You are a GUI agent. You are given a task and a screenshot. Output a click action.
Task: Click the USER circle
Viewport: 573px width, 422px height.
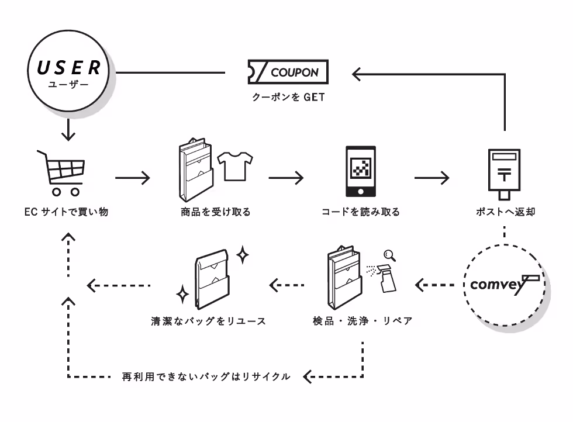pyautogui.click(x=70, y=73)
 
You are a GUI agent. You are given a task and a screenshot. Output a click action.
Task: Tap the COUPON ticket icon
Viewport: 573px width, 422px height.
pyautogui.click(x=288, y=72)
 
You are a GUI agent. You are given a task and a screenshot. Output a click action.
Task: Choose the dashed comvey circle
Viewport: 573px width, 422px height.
pyautogui.click(x=505, y=285)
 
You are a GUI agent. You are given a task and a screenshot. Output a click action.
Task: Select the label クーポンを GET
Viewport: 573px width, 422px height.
pyautogui.click(x=288, y=98)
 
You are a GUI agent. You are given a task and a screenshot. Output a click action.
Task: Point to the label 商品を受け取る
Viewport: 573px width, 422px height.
pyautogui.click(x=215, y=212)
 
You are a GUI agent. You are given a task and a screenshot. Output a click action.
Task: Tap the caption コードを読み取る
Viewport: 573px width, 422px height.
pyautogui.click(x=361, y=212)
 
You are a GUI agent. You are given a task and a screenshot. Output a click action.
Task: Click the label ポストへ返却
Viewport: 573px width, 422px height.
pyautogui.click(x=505, y=212)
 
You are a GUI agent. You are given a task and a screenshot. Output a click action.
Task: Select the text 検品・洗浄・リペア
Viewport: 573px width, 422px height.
pyautogui.click(x=363, y=321)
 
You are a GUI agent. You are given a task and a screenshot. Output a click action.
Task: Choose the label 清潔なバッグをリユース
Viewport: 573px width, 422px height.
pyautogui.click(x=208, y=321)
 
